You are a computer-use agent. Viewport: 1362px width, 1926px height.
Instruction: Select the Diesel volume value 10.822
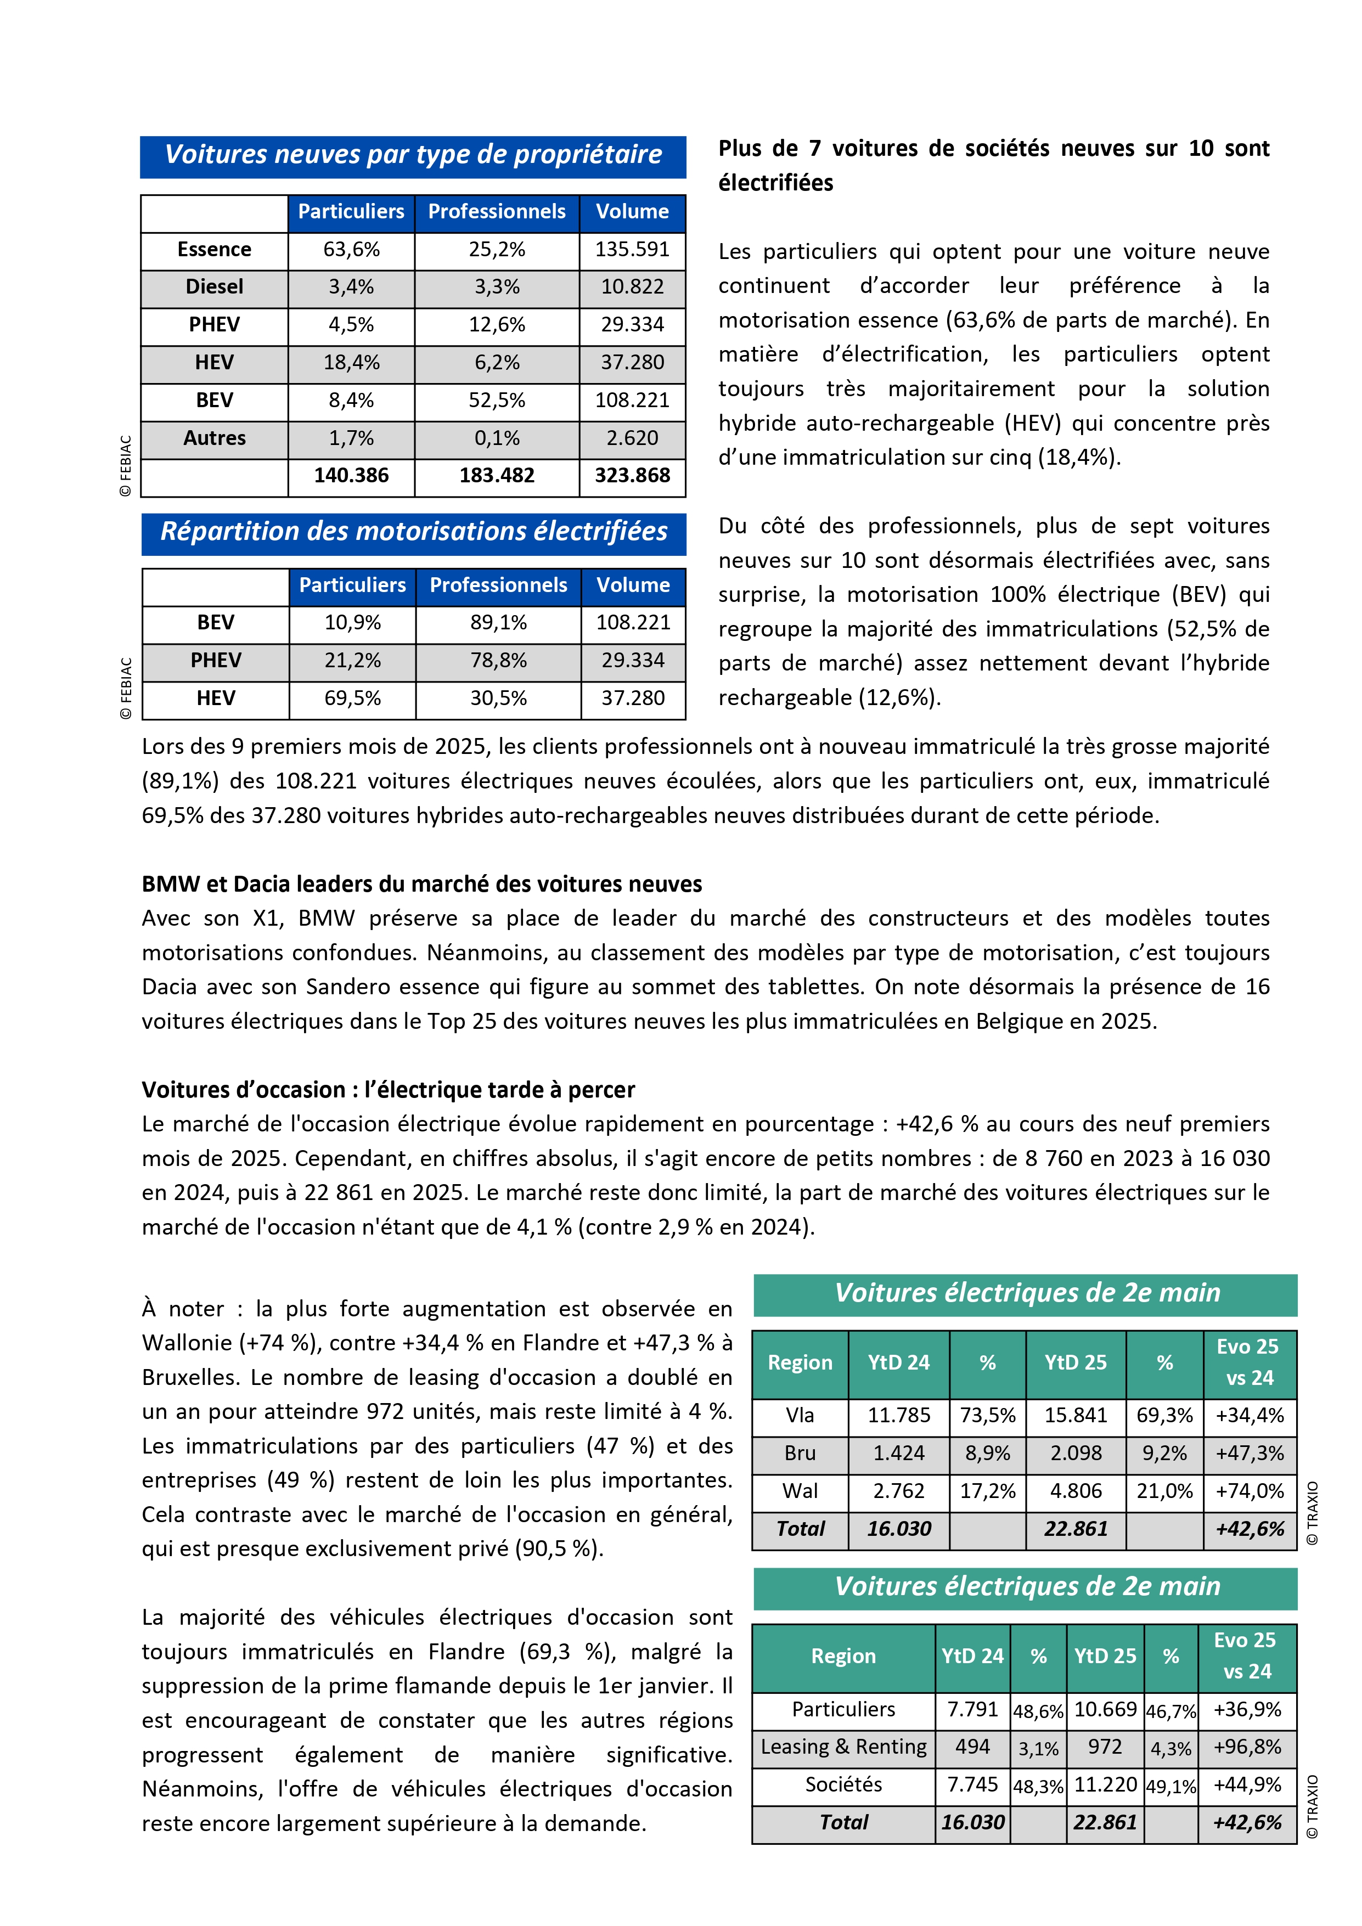point(632,287)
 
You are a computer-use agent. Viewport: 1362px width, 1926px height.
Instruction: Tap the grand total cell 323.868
point(632,476)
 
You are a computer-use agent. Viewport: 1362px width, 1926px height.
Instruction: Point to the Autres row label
point(215,438)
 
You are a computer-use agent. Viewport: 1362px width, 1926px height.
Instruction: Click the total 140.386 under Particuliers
point(351,476)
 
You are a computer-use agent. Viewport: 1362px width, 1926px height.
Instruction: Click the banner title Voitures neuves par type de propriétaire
point(413,155)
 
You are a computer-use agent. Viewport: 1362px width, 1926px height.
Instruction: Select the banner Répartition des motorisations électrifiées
point(413,532)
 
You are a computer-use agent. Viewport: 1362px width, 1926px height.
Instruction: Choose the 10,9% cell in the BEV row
point(352,622)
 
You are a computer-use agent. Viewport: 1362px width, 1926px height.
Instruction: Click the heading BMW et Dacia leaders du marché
point(422,884)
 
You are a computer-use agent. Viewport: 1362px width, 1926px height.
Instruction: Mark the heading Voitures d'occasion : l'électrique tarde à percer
point(389,1090)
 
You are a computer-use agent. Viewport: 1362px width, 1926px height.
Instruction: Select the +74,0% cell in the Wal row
point(1250,1491)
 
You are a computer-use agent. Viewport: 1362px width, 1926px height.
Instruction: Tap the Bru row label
point(800,1453)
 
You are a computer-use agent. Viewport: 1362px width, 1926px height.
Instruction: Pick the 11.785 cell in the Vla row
point(899,1415)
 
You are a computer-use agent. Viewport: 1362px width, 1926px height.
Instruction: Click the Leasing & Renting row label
point(843,1747)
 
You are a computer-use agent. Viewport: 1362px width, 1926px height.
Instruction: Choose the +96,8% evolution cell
point(1247,1747)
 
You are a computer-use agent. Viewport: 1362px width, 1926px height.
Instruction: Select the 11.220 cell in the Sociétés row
point(1105,1784)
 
